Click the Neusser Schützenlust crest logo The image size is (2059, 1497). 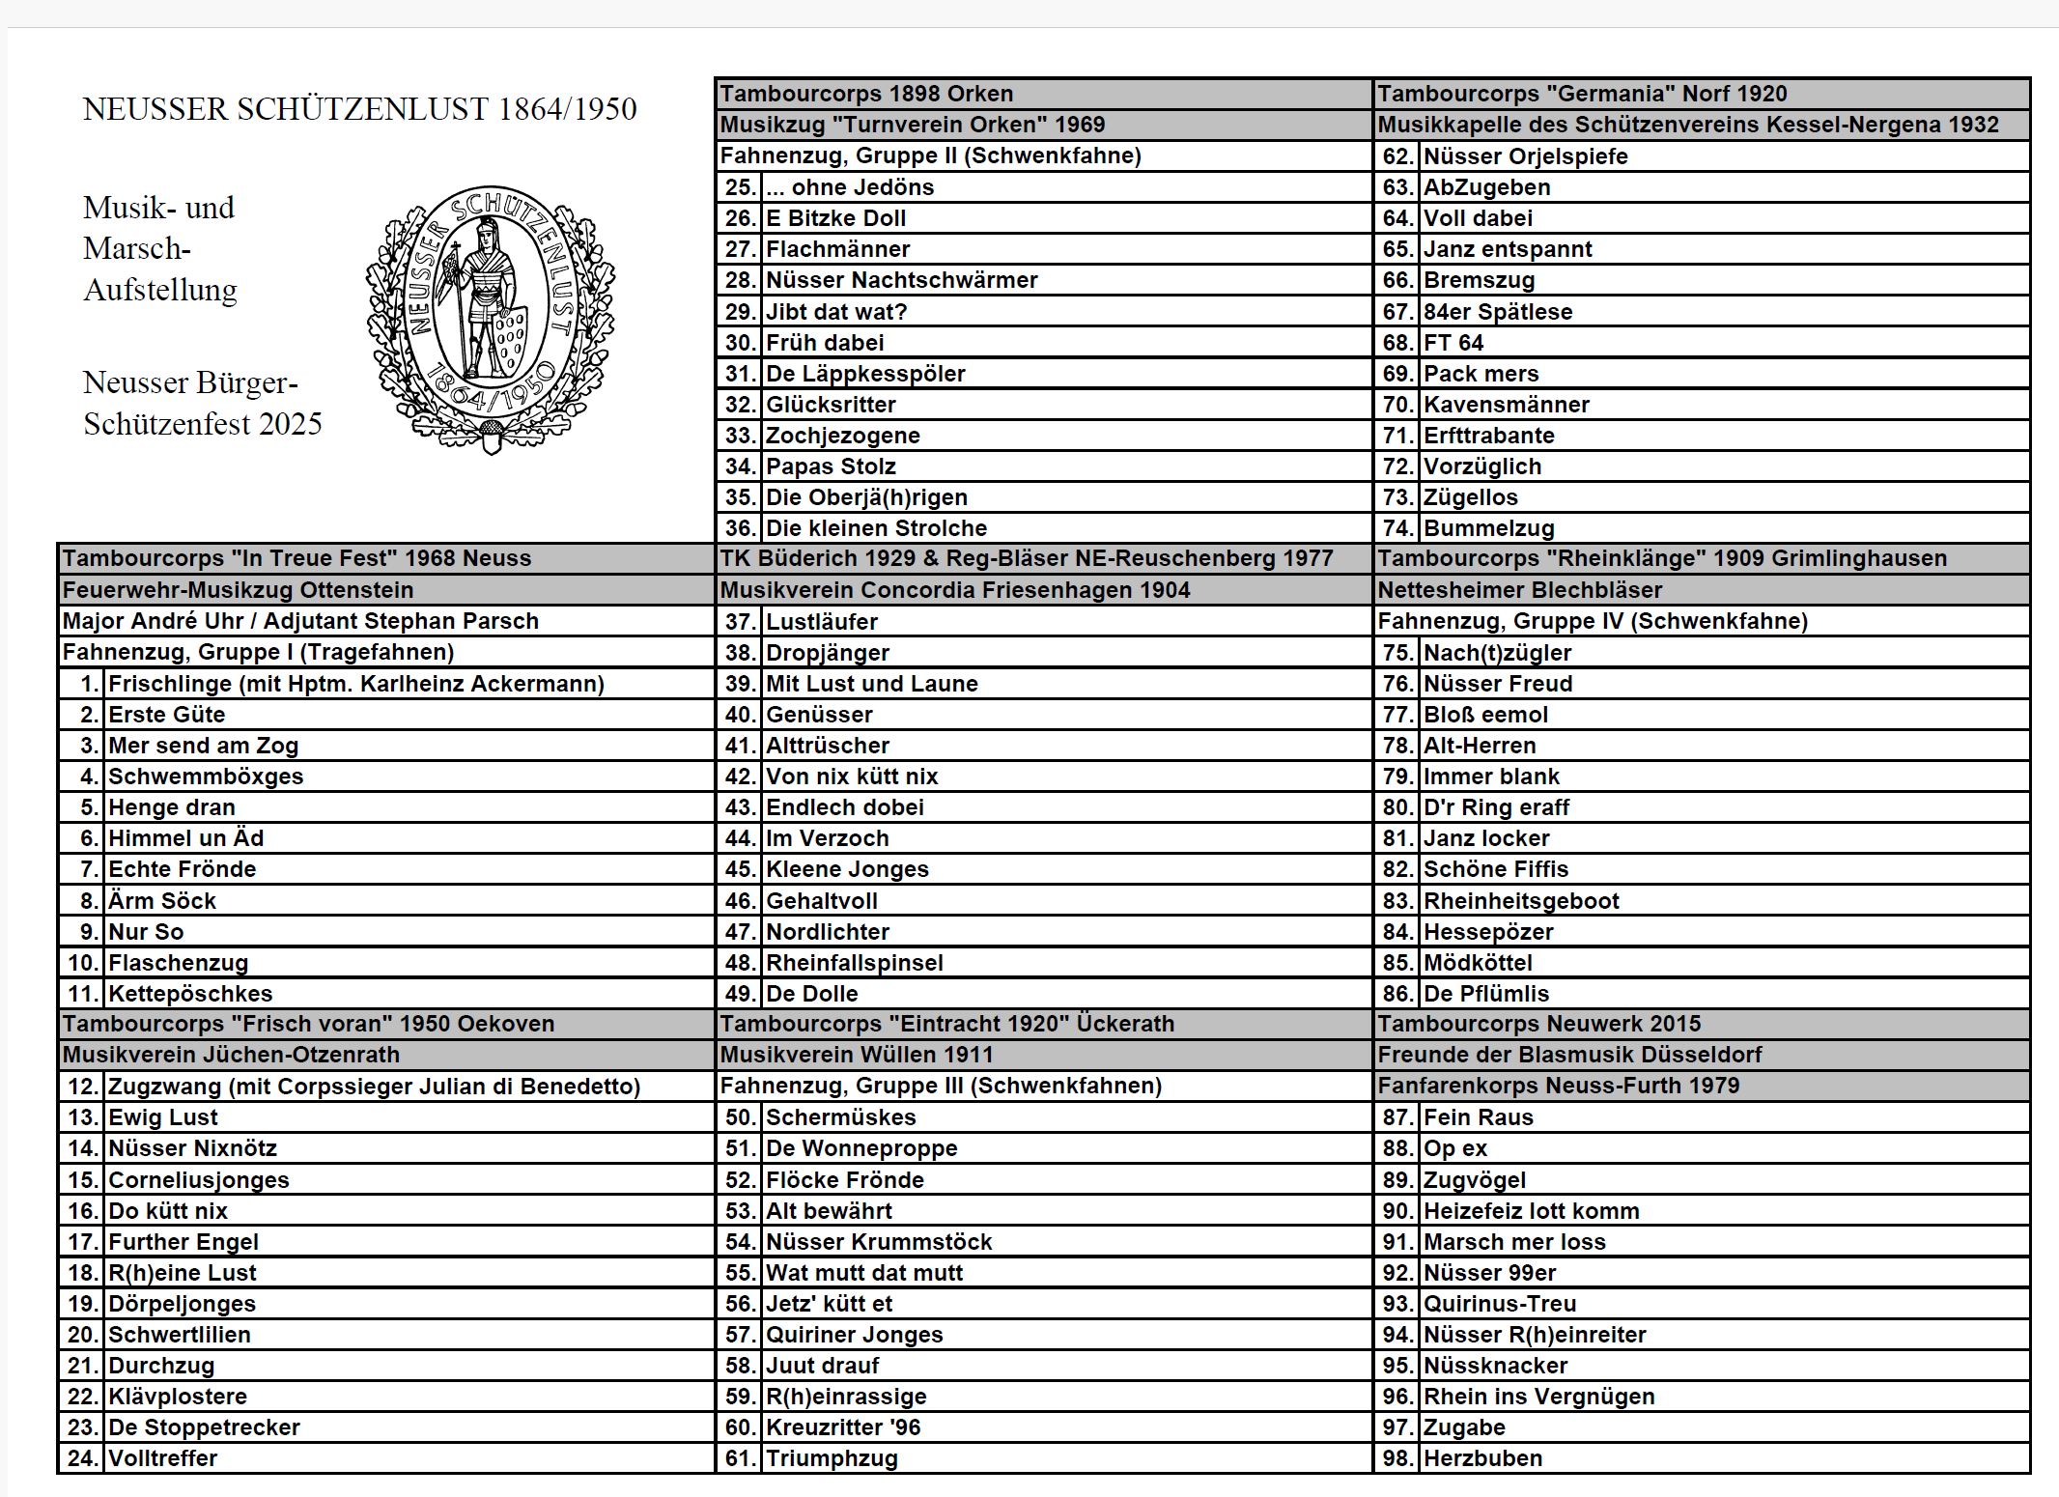tap(490, 320)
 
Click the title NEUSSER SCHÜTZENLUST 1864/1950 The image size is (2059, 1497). tap(359, 109)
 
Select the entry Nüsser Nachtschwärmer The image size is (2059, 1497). tap(901, 280)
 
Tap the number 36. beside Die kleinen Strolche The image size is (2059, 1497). tap(740, 528)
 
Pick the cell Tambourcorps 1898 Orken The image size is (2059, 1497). tap(866, 94)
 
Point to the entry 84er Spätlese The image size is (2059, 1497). tap(1497, 312)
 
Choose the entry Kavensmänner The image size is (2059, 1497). tap(1506, 405)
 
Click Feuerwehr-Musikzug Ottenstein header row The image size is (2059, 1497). tap(238, 590)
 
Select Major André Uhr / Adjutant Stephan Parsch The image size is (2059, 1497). tap(300, 621)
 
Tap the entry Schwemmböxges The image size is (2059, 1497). tap(206, 777)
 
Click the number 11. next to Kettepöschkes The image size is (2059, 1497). tap(83, 994)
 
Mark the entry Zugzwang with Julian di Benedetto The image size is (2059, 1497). tap(374, 1087)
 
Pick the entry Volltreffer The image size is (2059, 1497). tap(162, 1458)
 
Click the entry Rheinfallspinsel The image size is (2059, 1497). tap(854, 963)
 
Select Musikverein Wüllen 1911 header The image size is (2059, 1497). tap(857, 1055)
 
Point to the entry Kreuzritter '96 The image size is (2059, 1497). tap(843, 1427)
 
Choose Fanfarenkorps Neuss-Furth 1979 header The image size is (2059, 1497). tap(1558, 1086)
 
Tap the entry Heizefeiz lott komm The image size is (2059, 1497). tap(1531, 1211)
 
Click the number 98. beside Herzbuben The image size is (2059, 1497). tap(1397, 1458)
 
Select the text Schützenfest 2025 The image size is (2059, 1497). tap(203, 424)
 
